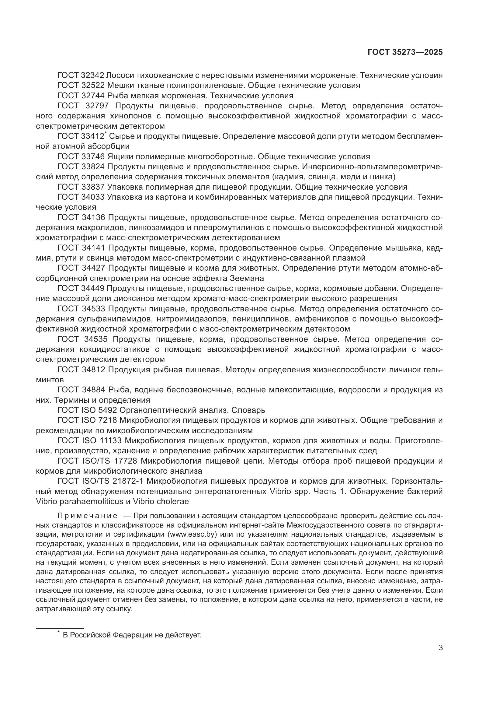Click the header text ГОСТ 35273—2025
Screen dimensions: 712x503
405,52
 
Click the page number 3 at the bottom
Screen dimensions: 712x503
440,648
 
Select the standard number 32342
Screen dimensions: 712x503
93,75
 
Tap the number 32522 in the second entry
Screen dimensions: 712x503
93,86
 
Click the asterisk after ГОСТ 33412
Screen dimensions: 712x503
106,133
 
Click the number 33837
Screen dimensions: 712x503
93,187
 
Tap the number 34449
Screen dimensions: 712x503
93,288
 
